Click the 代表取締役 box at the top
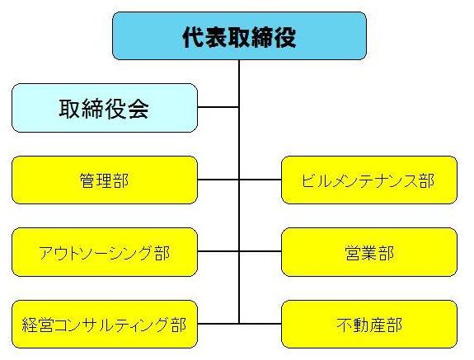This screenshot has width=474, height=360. [239, 36]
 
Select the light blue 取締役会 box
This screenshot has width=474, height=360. [104, 108]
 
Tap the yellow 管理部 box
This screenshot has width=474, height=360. [104, 180]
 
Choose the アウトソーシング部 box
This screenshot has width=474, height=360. [104, 252]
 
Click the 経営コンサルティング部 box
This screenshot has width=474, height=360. [104, 324]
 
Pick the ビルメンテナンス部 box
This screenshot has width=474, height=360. [369, 180]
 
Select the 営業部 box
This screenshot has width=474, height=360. [369, 252]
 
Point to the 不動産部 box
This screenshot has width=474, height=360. [369, 324]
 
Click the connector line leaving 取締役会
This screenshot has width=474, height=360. [218, 107]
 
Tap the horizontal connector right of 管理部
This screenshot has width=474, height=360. [218, 180]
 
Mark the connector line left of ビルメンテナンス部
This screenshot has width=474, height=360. [260, 180]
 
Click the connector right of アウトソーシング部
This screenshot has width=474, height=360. [218, 251]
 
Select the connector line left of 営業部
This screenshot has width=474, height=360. [260, 251]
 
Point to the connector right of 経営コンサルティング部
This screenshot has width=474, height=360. [218, 323]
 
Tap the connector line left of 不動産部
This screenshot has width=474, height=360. [260, 323]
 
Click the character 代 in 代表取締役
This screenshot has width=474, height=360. [193, 37]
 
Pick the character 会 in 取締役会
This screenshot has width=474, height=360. [138, 109]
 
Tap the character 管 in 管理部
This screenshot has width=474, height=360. [86, 180]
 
